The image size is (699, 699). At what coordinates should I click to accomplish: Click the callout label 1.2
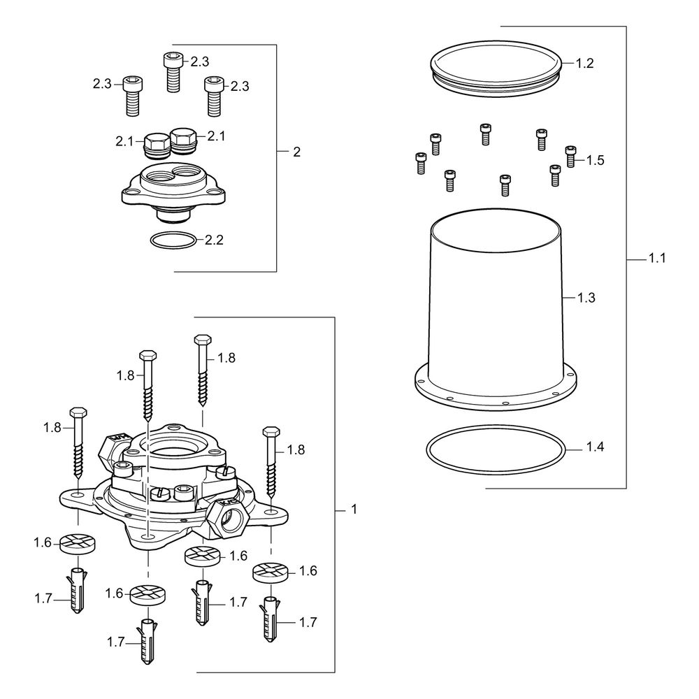[x=584, y=64]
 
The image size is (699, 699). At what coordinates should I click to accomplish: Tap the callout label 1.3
[x=586, y=297]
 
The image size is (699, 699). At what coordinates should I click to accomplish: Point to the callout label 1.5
[x=595, y=160]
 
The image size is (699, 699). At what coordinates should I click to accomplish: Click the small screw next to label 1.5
[x=570, y=157]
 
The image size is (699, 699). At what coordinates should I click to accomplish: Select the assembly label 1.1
[x=656, y=258]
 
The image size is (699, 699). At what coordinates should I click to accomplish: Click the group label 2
[x=297, y=152]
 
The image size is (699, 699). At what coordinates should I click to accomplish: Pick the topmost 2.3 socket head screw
[x=173, y=72]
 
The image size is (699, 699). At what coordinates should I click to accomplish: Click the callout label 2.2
[x=214, y=240]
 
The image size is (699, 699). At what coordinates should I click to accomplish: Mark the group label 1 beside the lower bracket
[x=354, y=509]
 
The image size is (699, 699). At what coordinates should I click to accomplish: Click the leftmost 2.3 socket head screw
[x=131, y=96]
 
